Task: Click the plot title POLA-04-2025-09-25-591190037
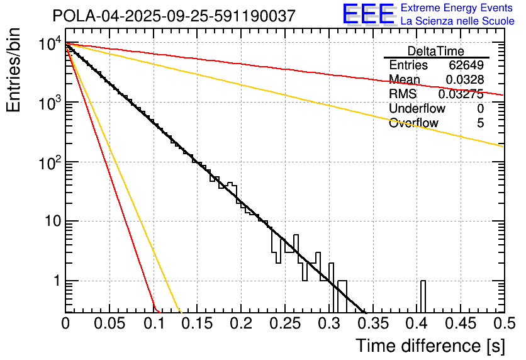click(174, 16)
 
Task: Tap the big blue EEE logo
click(368, 14)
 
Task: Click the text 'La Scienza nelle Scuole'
click(457, 21)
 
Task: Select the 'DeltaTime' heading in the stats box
click(436, 51)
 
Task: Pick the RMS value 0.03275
click(461, 94)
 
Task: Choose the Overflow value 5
click(481, 123)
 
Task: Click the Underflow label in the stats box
click(417, 108)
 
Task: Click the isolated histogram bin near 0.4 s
click(423, 296)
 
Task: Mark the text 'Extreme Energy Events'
click(457, 8)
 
